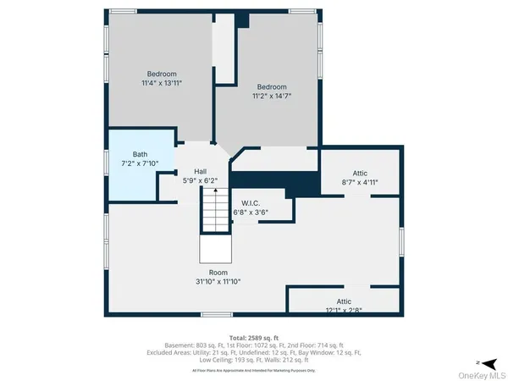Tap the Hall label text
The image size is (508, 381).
pyautogui.click(x=201, y=170)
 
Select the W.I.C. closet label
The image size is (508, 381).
pyautogui.click(x=250, y=202)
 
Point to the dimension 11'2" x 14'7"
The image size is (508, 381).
pyautogui.click(x=273, y=97)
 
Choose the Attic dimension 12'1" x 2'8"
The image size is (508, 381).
pyautogui.click(x=343, y=311)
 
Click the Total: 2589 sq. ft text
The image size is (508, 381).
pyautogui.click(x=254, y=336)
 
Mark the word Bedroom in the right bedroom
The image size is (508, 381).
pyautogui.click(x=273, y=87)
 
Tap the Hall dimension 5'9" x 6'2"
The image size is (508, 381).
pyautogui.click(x=201, y=179)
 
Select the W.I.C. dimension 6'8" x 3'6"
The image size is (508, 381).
pyautogui.click(x=250, y=212)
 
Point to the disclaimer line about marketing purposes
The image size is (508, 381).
pyautogui.click(x=254, y=370)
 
